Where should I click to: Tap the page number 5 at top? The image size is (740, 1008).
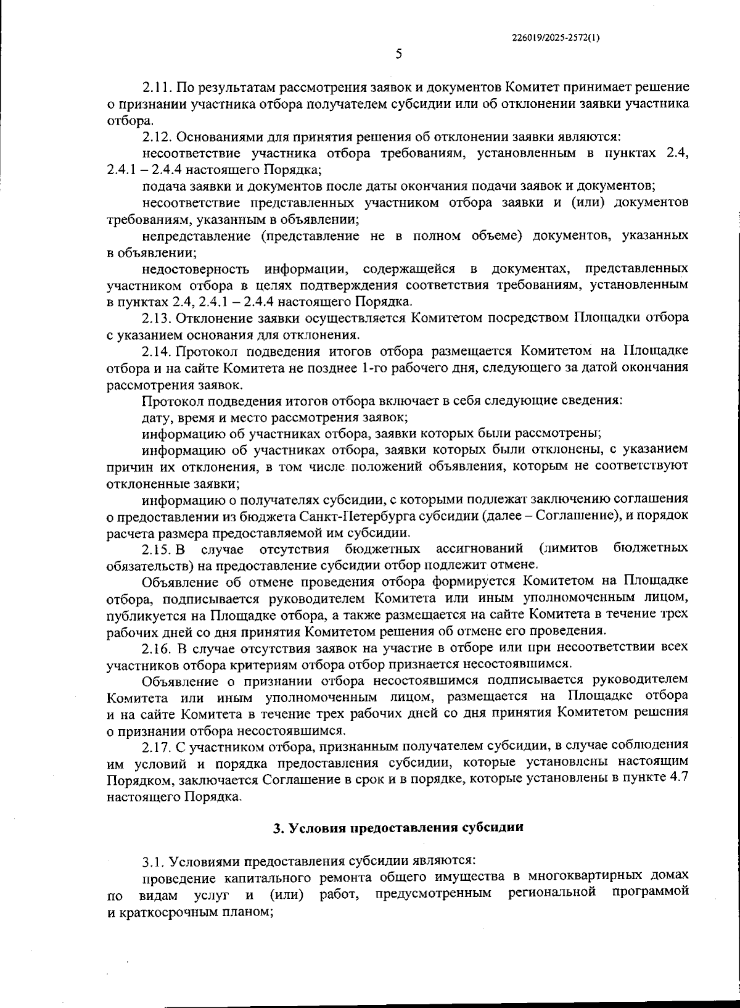click(398, 54)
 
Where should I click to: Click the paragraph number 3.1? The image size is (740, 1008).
click(153, 861)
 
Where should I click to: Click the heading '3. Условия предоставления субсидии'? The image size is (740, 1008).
click(398, 828)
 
